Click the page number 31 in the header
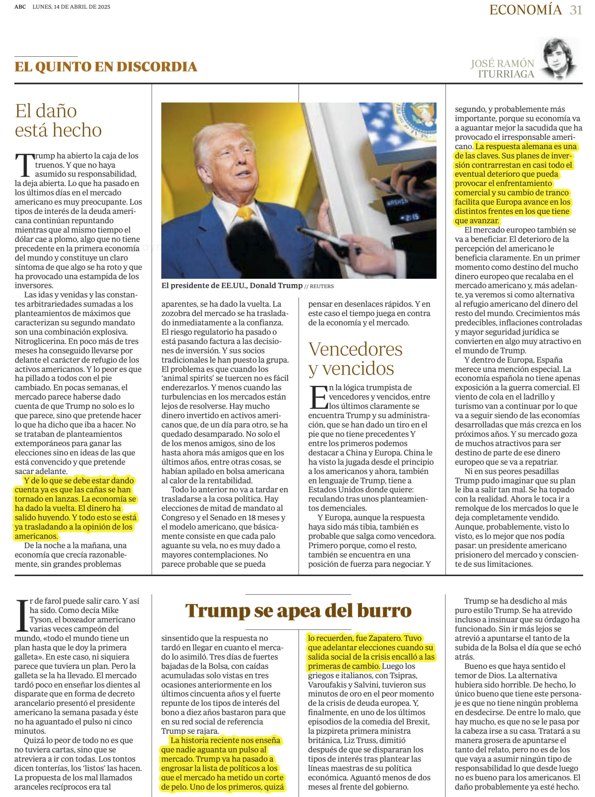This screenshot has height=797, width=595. click(x=576, y=10)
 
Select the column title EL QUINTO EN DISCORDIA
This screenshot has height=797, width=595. click(x=106, y=67)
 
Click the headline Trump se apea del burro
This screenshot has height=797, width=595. click(x=298, y=611)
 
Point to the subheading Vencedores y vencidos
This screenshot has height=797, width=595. click(x=355, y=359)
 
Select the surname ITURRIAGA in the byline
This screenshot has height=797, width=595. click(x=506, y=74)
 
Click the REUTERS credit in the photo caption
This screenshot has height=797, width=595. click(x=322, y=286)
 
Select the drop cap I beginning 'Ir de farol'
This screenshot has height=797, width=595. click(x=22, y=616)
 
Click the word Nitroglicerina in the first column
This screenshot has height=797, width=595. click(x=40, y=341)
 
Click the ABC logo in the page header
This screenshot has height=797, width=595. click(x=20, y=7)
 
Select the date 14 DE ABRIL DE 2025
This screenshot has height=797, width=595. click(x=82, y=7)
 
